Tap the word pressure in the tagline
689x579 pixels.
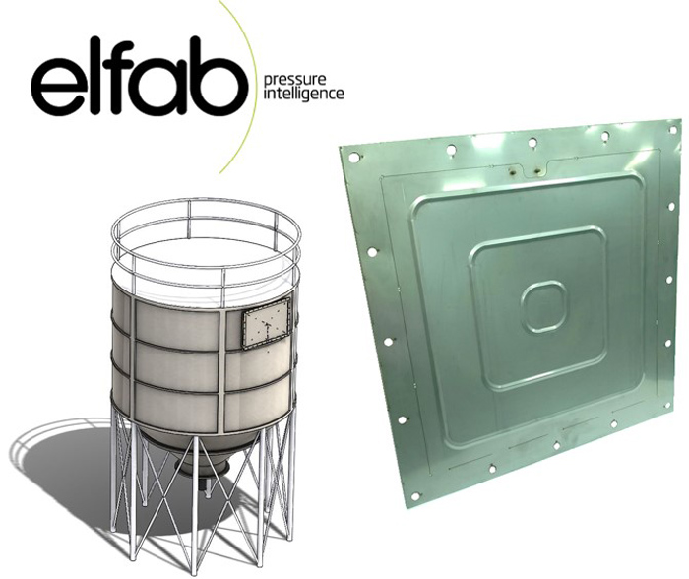(x=294, y=81)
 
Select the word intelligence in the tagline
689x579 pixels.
(x=303, y=95)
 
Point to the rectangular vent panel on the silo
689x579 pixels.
(x=267, y=324)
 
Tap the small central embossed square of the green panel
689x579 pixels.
(x=543, y=306)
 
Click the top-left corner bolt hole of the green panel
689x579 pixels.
(x=352, y=156)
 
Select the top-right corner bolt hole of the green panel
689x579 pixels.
(x=672, y=130)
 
